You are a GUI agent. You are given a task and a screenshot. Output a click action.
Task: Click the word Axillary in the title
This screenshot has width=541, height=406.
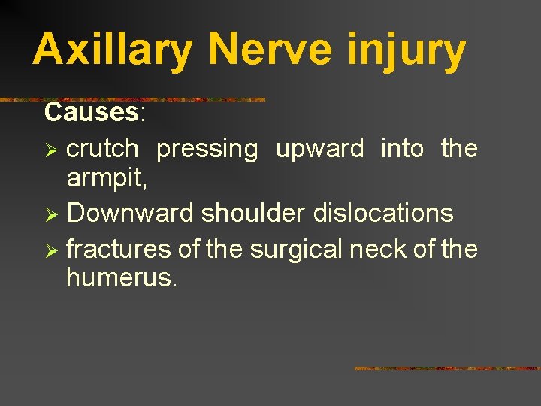[113, 50]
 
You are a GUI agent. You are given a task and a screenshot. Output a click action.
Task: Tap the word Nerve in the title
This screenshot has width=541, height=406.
[268, 50]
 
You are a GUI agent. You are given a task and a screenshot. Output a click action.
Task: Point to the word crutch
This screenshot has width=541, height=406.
[102, 149]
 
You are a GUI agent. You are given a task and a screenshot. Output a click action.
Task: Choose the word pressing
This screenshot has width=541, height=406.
[207, 149]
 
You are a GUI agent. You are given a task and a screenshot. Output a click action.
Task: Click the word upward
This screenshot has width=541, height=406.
[320, 149]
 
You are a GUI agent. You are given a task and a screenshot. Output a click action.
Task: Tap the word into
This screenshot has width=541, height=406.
[403, 149]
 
